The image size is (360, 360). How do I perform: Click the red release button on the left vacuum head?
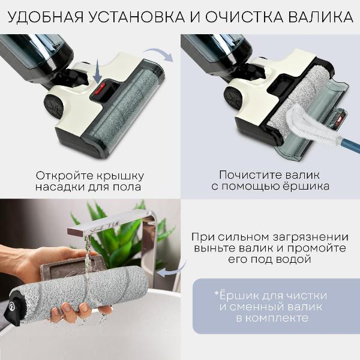[98, 94]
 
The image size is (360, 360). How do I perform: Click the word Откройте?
[64, 176]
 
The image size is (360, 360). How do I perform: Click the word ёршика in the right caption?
[305, 187]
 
